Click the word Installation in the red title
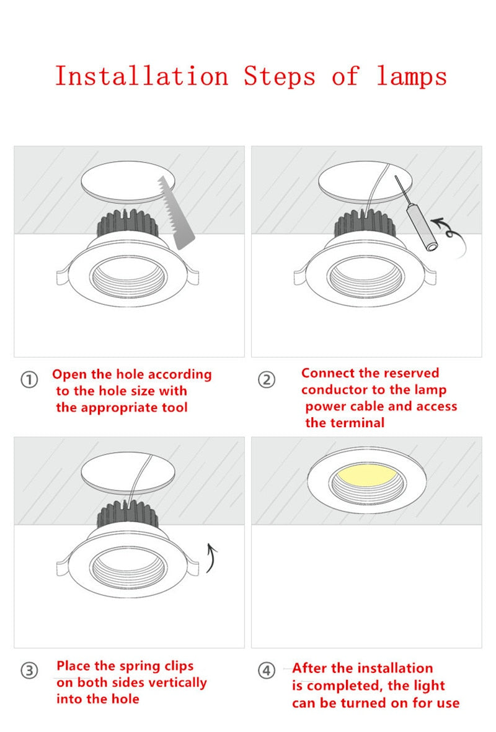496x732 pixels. (x=142, y=76)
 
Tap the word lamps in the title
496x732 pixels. (x=412, y=76)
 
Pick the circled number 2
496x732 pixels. (x=267, y=380)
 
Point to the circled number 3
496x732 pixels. (x=29, y=671)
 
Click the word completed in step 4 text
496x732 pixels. (x=337, y=686)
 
